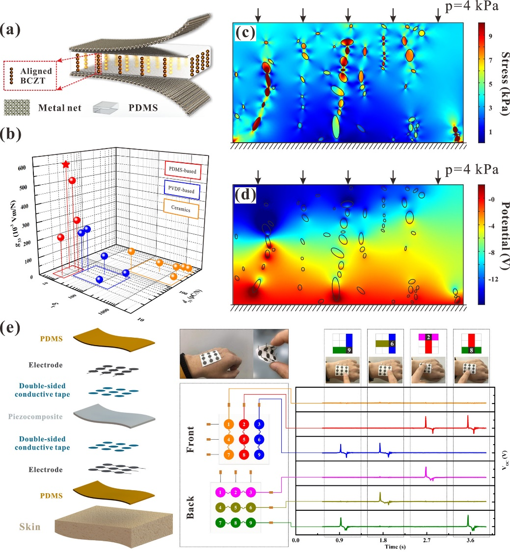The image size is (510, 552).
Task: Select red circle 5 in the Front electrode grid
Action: (244, 439)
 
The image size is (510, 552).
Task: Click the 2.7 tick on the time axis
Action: (427, 540)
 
